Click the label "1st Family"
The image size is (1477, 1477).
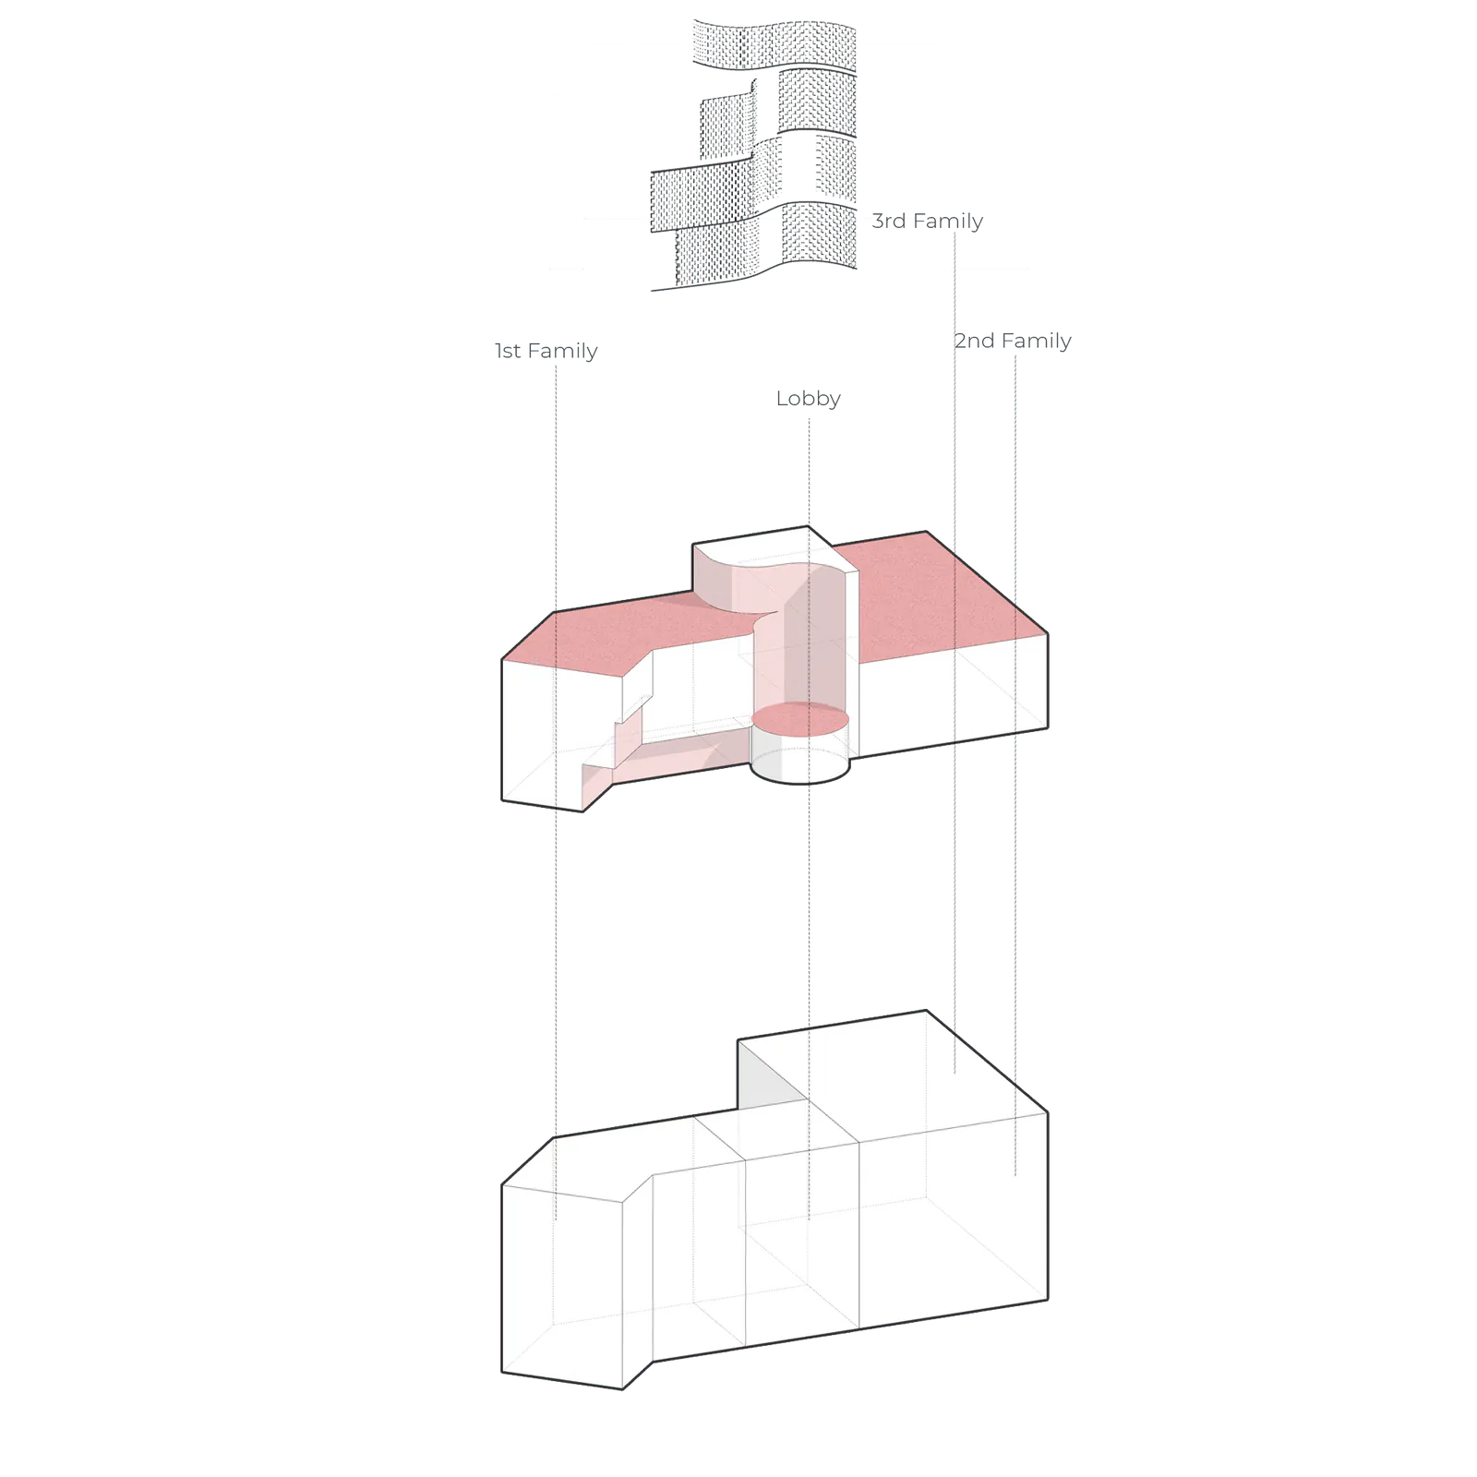[546, 351]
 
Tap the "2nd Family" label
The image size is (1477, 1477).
[1013, 341]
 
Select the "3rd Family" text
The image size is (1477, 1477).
[928, 221]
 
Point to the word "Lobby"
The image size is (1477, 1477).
[809, 399]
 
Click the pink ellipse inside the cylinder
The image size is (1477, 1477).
[800, 719]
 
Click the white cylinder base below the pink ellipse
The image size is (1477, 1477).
[799, 759]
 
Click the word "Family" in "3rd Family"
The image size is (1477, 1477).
[948, 221]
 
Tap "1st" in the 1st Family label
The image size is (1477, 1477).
[508, 351]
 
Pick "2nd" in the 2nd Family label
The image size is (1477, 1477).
[974, 341]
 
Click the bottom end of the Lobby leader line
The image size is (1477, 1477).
[810, 1220]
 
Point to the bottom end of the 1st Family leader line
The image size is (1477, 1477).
[556, 1220]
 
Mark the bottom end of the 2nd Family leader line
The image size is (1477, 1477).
[1015, 1175]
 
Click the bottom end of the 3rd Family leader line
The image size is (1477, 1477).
[955, 1073]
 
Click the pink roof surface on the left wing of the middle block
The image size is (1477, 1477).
[628, 637]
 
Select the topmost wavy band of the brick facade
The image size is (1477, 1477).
[775, 44]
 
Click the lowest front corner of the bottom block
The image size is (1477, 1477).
[622, 1388]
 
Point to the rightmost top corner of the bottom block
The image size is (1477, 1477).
[1048, 1112]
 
